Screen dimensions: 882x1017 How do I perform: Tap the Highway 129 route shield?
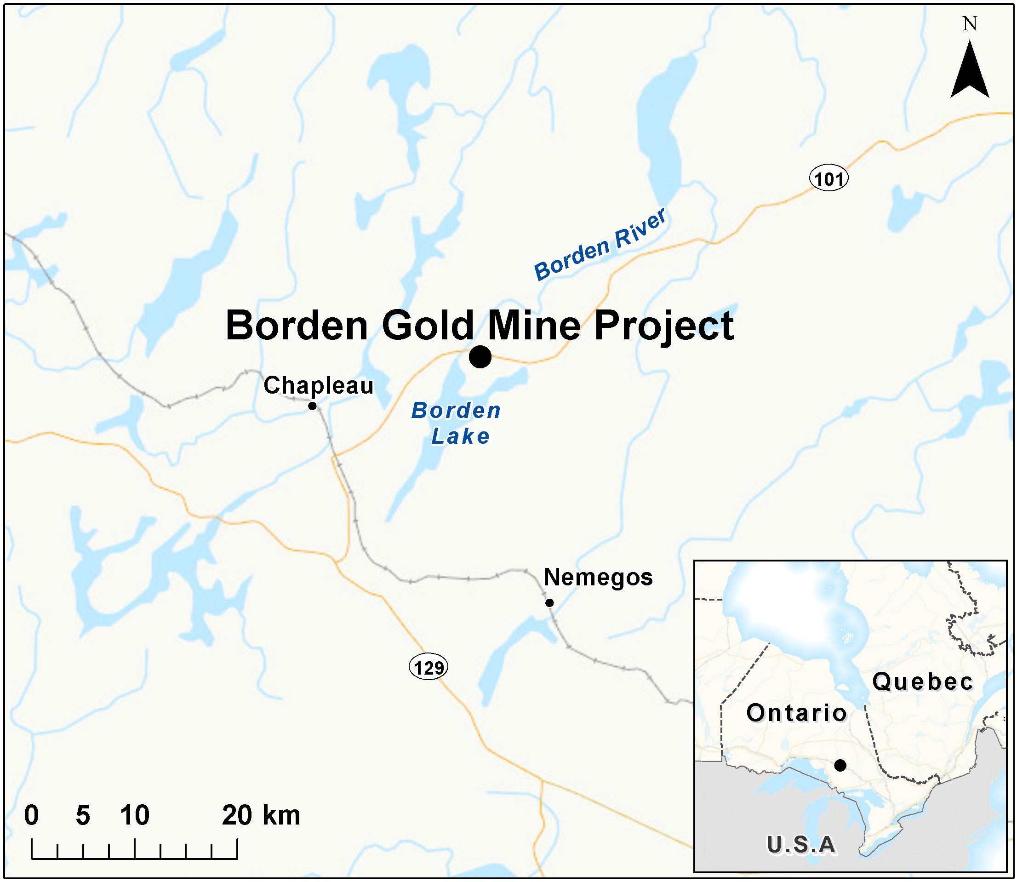tap(429, 667)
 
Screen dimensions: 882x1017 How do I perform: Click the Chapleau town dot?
tap(312, 406)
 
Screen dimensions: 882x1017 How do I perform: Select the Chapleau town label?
tap(318, 385)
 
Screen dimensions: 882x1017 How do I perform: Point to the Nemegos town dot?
tap(549, 602)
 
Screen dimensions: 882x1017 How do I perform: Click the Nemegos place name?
tap(598, 577)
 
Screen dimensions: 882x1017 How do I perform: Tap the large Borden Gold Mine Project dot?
tap(480, 356)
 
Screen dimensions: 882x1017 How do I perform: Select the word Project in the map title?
tap(664, 327)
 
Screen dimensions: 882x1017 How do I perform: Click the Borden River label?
tap(600, 245)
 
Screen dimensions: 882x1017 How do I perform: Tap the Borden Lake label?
tap(456, 423)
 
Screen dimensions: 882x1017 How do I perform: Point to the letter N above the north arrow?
tap(970, 23)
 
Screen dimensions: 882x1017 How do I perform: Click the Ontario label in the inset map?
tap(796, 713)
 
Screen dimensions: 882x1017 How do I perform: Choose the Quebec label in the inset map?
tap(923, 682)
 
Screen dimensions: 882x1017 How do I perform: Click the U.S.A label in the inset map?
tap(801, 845)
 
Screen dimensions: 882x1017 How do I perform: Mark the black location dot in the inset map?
tap(840, 765)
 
